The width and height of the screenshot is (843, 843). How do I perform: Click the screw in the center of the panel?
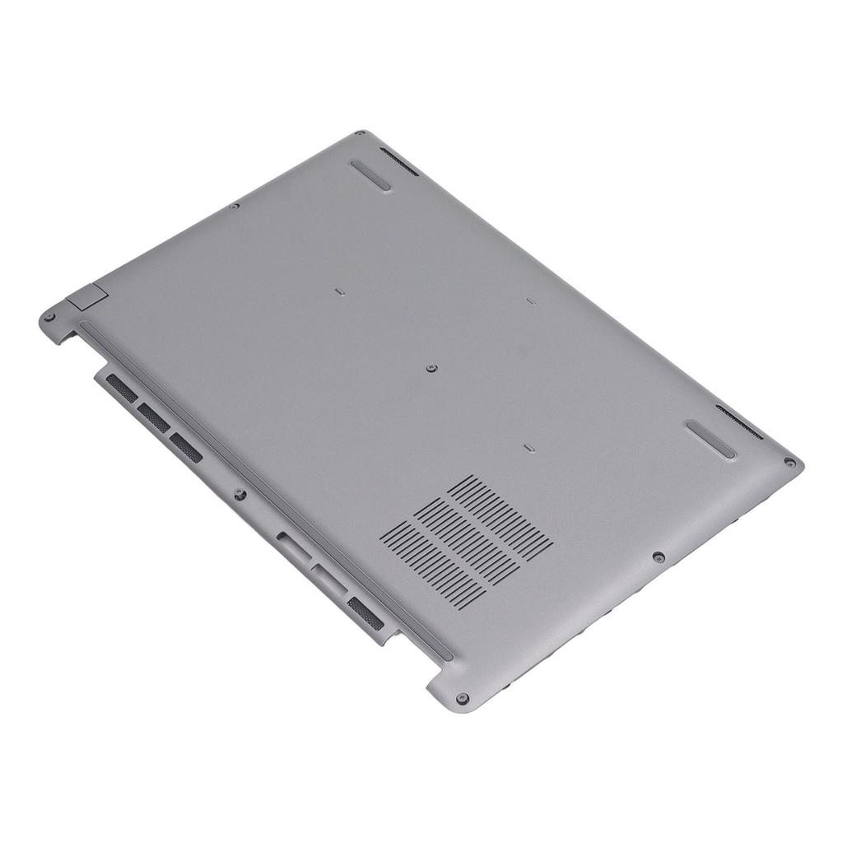tap(432, 369)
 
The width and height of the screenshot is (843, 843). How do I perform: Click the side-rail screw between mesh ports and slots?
tap(240, 495)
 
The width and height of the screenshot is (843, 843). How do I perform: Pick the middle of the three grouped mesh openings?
tap(154, 417)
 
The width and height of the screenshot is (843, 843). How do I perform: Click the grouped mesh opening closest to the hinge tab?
tap(122, 388)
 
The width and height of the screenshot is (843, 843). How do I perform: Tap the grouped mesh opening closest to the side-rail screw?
tap(186, 446)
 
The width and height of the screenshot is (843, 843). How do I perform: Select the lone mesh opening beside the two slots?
tap(366, 614)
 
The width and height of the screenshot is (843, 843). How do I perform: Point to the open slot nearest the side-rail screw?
tap(294, 547)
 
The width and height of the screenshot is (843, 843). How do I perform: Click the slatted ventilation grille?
tap(466, 541)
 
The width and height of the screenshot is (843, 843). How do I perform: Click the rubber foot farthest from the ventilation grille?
tap(370, 175)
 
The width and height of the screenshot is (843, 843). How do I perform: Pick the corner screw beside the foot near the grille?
tap(789, 463)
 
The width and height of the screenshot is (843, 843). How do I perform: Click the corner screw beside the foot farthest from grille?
tap(359, 134)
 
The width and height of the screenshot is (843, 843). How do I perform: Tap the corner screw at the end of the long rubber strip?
tap(462, 698)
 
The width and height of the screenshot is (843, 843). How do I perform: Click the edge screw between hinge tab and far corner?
tap(235, 206)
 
